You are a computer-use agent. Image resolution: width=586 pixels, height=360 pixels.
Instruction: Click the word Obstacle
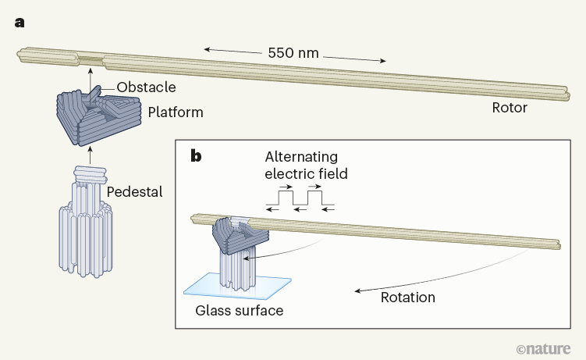(x=146, y=87)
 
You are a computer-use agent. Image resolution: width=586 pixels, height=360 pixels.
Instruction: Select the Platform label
(x=175, y=112)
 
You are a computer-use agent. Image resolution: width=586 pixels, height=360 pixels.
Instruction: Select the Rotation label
(x=407, y=298)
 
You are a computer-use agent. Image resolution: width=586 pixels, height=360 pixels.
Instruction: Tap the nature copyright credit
(x=545, y=346)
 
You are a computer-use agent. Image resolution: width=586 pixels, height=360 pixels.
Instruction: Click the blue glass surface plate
(x=237, y=285)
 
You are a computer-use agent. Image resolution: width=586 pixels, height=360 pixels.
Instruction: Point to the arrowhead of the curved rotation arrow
(x=356, y=290)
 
